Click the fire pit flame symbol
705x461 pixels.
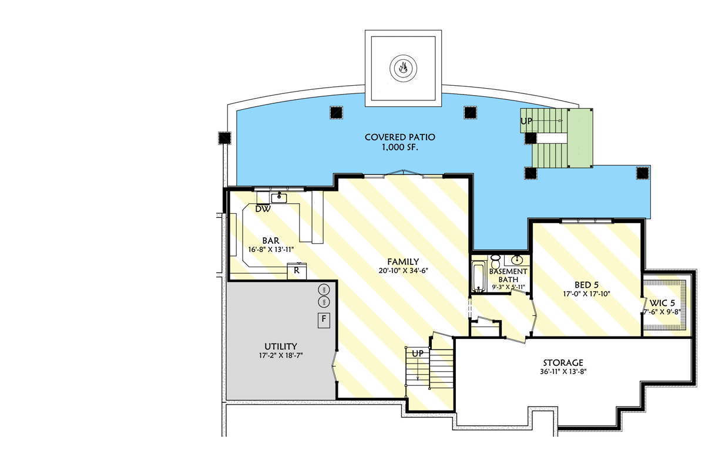(402, 68)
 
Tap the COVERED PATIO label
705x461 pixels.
(399, 137)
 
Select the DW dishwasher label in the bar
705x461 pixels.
(263, 208)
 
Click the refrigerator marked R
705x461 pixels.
(297, 271)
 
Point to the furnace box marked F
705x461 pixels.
(323, 320)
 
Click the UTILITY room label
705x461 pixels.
(280, 346)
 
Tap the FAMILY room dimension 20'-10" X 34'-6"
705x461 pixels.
(402, 271)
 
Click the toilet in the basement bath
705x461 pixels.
(495, 259)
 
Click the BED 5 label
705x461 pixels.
(574, 284)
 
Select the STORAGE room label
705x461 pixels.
(563, 362)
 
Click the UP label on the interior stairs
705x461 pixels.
(418, 354)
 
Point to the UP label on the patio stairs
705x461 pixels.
(526, 121)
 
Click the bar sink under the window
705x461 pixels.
(279, 197)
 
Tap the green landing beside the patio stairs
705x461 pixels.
(582, 138)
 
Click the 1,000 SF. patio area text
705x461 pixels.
(399, 147)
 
